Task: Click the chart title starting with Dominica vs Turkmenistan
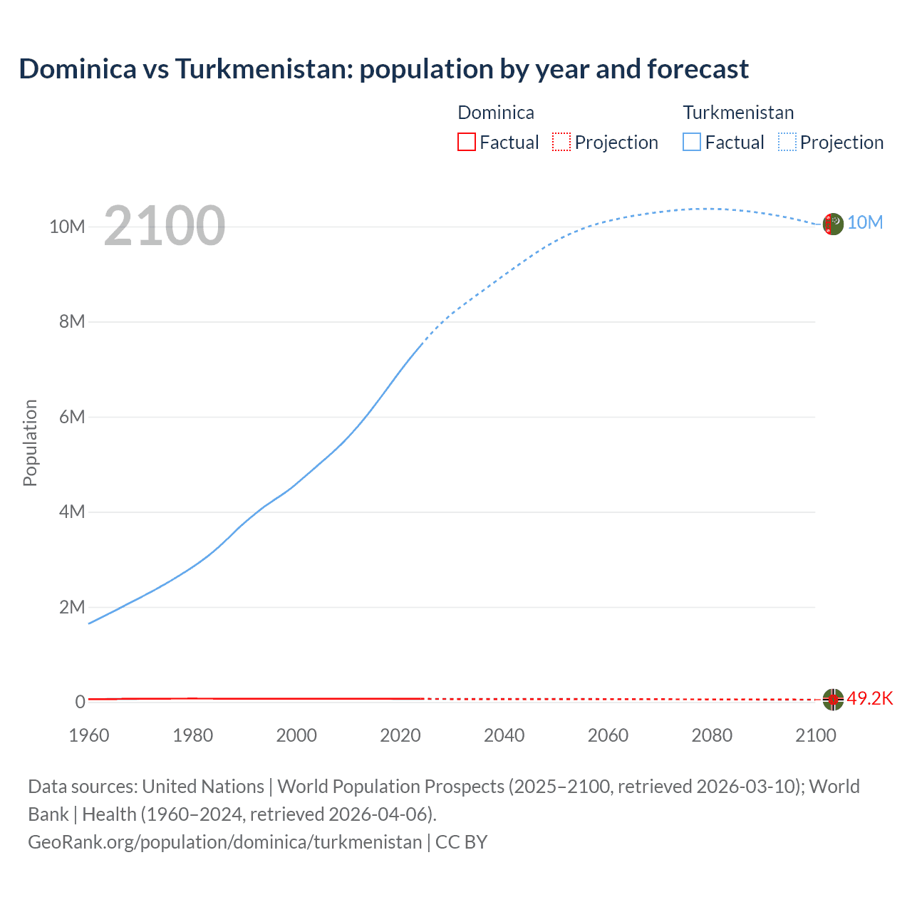pos(383,69)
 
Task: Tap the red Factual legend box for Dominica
pos(466,142)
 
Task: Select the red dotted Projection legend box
pos(561,142)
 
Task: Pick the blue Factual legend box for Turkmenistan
pos(692,142)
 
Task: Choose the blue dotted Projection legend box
pos(787,142)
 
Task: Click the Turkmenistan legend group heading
pos(738,113)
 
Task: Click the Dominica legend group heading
pos(495,113)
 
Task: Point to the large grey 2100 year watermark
pos(165,226)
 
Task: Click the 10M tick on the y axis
pos(67,227)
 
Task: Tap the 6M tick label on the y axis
pos(71,417)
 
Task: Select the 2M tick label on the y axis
pos(71,607)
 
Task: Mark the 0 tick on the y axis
pos(80,702)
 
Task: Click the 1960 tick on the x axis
pos(89,735)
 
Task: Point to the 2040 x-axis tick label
pos(504,735)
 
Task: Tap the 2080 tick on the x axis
pos(711,735)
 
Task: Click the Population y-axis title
pos(30,442)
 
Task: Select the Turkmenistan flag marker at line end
pos(833,224)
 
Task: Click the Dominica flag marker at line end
pos(833,700)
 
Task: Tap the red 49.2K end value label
pos(869,698)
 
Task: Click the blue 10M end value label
pos(865,222)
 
